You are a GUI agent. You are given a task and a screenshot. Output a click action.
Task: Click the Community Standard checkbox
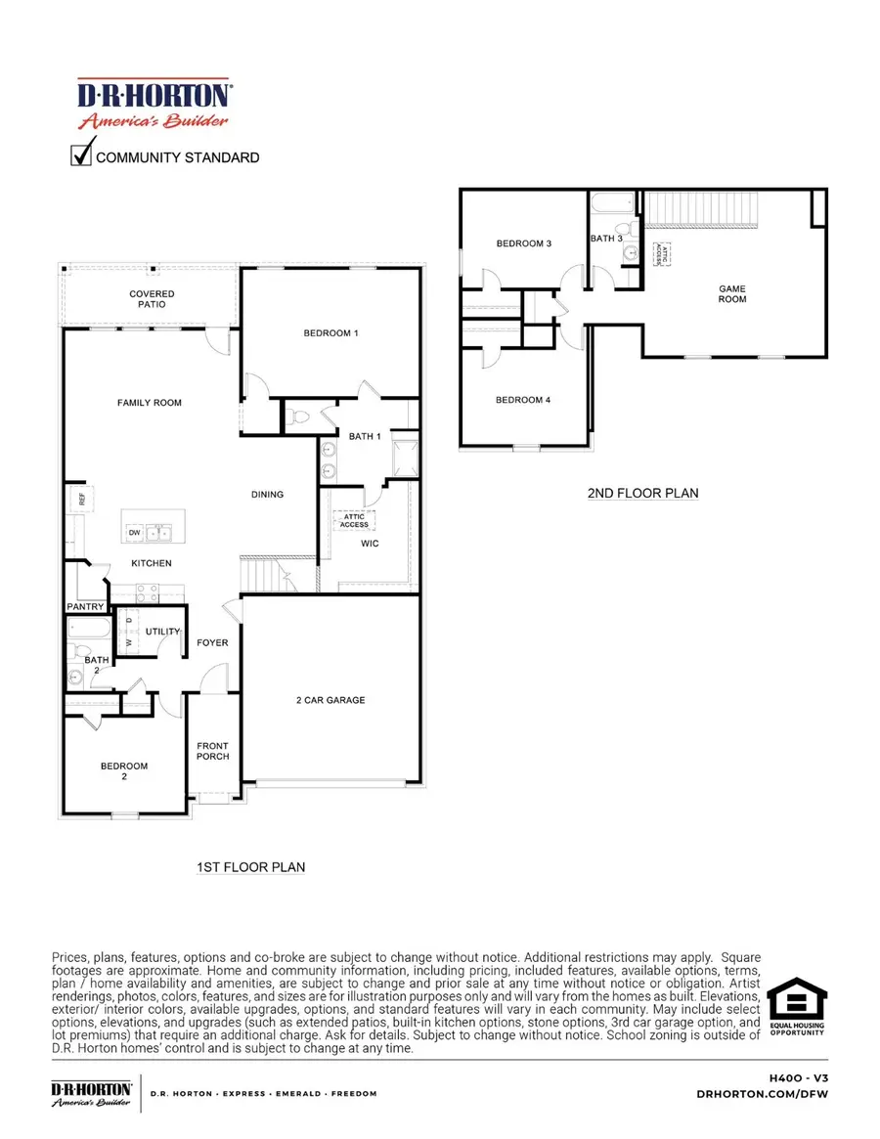point(82,155)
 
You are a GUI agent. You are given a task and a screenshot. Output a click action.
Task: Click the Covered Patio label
point(152,299)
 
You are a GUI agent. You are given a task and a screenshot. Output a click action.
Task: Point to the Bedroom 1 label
point(331,333)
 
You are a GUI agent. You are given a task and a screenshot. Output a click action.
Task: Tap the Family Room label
point(150,403)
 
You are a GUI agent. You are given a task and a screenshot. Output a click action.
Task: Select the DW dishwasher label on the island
point(133,533)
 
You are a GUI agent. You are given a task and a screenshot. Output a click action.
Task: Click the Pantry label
point(85,607)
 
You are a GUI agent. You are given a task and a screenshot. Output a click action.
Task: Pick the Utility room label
point(162,632)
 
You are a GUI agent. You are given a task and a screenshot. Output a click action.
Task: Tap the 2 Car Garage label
point(331,700)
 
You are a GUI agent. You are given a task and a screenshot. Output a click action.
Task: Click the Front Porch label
point(213,751)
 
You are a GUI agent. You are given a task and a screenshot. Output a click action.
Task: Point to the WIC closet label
point(369,544)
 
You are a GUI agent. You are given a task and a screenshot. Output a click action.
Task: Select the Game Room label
point(732,293)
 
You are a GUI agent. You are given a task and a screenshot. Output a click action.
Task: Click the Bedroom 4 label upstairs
point(523,400)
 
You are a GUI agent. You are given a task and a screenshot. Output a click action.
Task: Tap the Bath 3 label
point(606,239)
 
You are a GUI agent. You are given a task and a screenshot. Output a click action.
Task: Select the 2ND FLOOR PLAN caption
point(642,493)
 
